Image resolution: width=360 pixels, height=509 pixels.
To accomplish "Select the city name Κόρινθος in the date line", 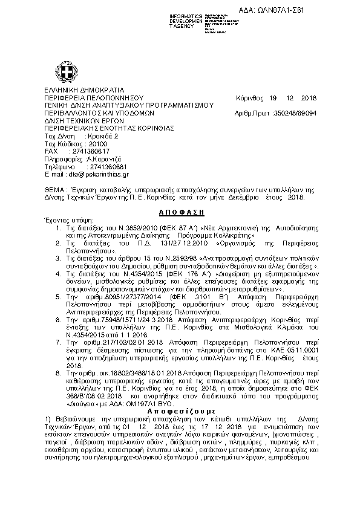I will tap(250, 97).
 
